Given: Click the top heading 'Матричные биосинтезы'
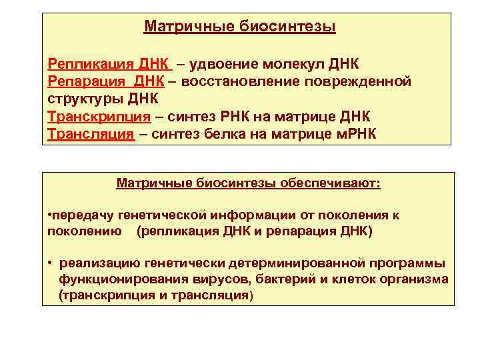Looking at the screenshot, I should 240,27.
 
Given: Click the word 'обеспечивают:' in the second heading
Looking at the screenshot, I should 337,183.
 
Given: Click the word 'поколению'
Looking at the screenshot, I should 85,231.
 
